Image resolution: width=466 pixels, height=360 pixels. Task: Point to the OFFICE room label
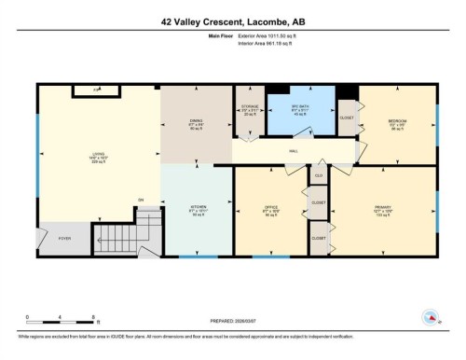point(270,208)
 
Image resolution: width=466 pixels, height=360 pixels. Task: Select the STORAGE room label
point(248,109)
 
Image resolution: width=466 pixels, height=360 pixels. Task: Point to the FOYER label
point(64,239)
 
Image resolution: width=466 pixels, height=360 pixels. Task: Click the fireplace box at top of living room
point(97,90)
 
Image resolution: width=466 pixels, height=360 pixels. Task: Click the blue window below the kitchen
point(198,256)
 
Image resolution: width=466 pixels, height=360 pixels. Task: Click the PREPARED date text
point(232,317)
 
